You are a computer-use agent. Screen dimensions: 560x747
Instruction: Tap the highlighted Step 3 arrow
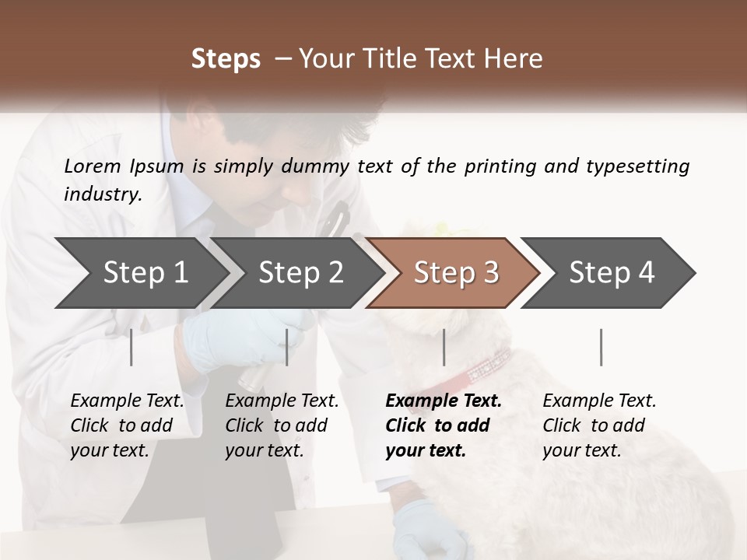click(456, 273)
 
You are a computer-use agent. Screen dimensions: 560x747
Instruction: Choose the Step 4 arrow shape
click(612, 273)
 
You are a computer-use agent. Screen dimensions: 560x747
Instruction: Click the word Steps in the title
click(226, 59)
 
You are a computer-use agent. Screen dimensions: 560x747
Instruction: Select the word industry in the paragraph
click(102, 194)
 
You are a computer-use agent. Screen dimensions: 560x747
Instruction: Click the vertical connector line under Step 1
click(131, 347)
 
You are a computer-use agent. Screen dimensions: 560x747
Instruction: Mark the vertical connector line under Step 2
click(287, 347)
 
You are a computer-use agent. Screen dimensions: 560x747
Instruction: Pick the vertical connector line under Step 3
click(444, 347)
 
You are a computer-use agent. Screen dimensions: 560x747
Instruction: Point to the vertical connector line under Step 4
click(601, 347)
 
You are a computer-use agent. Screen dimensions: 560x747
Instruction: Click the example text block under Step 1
click(127, 425)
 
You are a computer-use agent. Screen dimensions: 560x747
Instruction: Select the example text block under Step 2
click(282, 425)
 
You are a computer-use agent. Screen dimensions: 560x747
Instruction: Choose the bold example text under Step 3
click(444, 425)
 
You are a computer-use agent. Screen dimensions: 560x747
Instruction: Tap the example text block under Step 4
click(599, 425)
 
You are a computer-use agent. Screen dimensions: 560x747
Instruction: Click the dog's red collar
click(486, 365)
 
